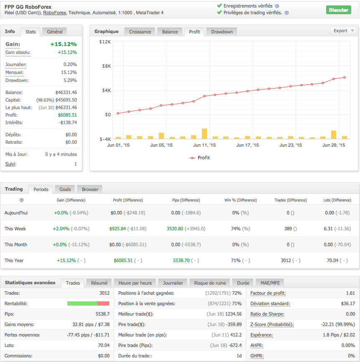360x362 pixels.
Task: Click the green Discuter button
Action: [x=338, y=10]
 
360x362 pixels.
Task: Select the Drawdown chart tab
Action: [x=222, y=32]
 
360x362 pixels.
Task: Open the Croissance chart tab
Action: [x=140, y=32]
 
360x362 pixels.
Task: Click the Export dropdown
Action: [x=343, y=31]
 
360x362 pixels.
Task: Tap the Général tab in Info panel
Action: [x=55, y=31]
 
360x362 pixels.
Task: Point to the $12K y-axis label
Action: [x=105, y=42]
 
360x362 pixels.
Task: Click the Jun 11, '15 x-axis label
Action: [x=204, y=145]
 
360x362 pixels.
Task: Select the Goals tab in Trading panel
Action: [x=65, y=189]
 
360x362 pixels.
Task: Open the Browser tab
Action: [x=90, y=189]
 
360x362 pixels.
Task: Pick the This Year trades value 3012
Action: [x=286, y=260]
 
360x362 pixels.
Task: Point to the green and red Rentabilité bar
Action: [x=88, y=303]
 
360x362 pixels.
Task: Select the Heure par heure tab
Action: [x=135, y=283]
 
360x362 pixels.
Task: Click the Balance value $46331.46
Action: [x=66, y=92]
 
